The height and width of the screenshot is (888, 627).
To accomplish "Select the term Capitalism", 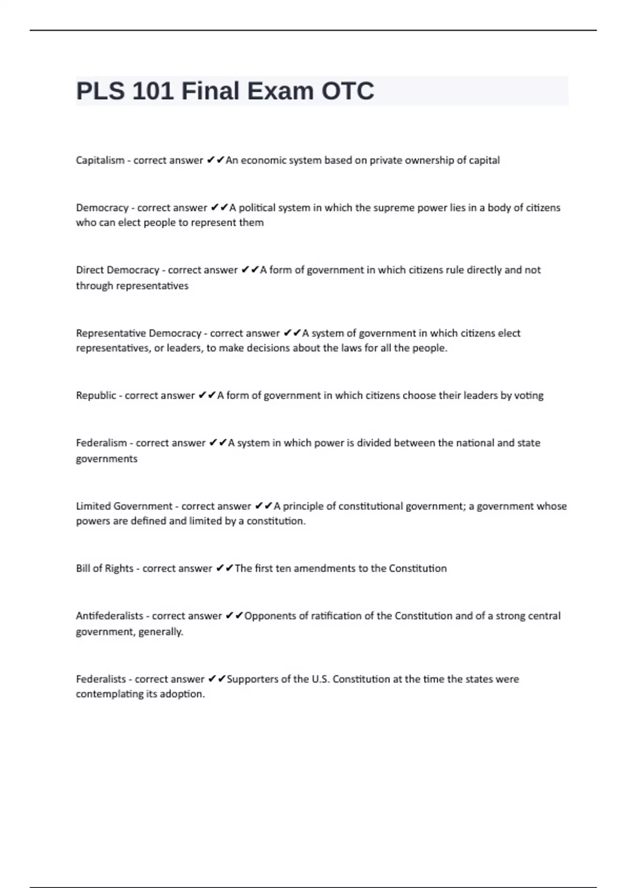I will [x=100, y=160].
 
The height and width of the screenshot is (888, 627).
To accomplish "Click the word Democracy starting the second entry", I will [x=102, y=208].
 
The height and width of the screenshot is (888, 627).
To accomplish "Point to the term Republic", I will [x=96, y=395].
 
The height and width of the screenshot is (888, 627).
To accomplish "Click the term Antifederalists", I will [x=109, y=616].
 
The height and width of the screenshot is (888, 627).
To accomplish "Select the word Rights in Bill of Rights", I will [x=119, y=568].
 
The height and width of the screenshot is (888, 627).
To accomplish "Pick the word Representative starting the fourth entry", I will [x=111, y=333].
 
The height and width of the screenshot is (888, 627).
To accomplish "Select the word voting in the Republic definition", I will [x=529, y=395].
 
